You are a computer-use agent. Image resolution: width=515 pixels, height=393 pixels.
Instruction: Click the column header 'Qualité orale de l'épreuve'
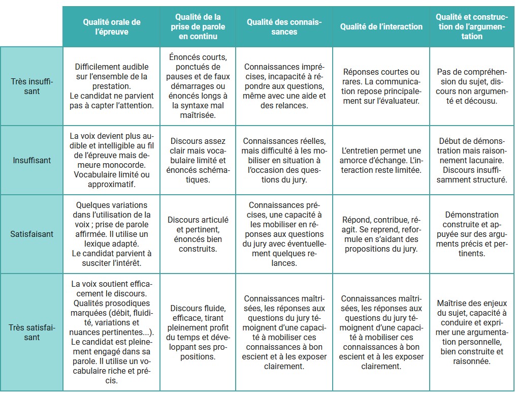pyautogui.click(x=112, y=27)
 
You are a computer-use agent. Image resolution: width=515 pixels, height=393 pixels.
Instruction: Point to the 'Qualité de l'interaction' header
pyautogui.click(x=381, y=27)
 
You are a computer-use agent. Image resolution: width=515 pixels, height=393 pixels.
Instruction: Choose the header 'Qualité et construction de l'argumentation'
pyautogui.click(x=472, y=27)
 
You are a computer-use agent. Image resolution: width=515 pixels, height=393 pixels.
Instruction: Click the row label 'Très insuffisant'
pyautogui.click(x=31, y=86)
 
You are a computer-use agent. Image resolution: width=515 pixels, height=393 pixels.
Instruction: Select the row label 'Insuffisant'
pyautogui.click(x=31, y=160)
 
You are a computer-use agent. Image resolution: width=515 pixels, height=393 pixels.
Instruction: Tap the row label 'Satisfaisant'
pyautogui.click(x=31, y=234)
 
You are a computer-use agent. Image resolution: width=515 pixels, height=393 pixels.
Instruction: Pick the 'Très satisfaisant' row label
pyautogui.click(x=31, y=332)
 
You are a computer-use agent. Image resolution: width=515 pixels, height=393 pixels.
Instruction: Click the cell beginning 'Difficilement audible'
pyautogui.click(x=112, y=86)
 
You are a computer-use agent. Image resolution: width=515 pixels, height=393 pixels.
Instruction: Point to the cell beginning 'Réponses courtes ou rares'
pyautogui.click(x=381, y=86)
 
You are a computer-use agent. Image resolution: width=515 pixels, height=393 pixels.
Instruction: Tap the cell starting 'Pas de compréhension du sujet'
pyautogui.click(x=472, y=86)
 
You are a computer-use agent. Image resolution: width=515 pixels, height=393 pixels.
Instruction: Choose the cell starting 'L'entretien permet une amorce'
pyautogui.click(x=381, y=160)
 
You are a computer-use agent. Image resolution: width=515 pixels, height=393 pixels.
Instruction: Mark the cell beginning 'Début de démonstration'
pyautogui.click(x=472, y=160)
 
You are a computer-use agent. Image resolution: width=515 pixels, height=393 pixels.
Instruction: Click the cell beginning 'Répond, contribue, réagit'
pyautogui.click(x=381, y=234)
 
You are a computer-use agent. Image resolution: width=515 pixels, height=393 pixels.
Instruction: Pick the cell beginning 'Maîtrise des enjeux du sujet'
pyautogui.click(x=472, y=332)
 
